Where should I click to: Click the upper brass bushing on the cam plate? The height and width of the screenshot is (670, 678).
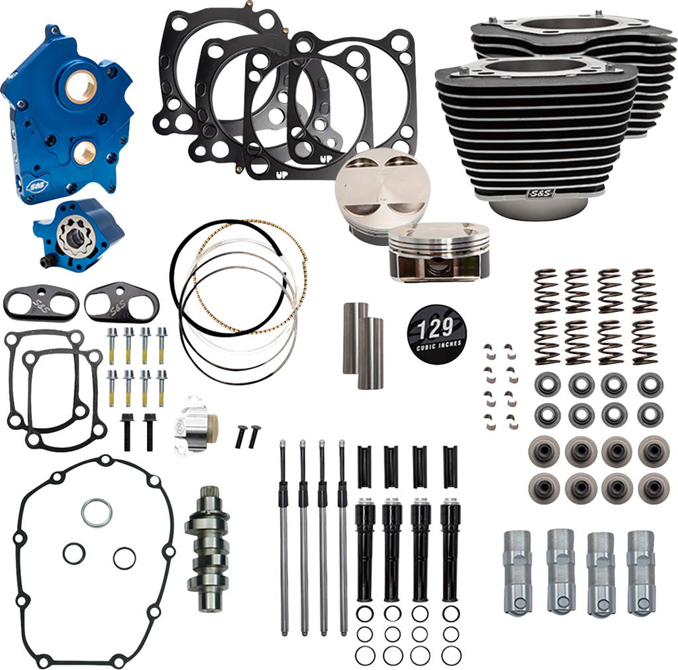(80, 87)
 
